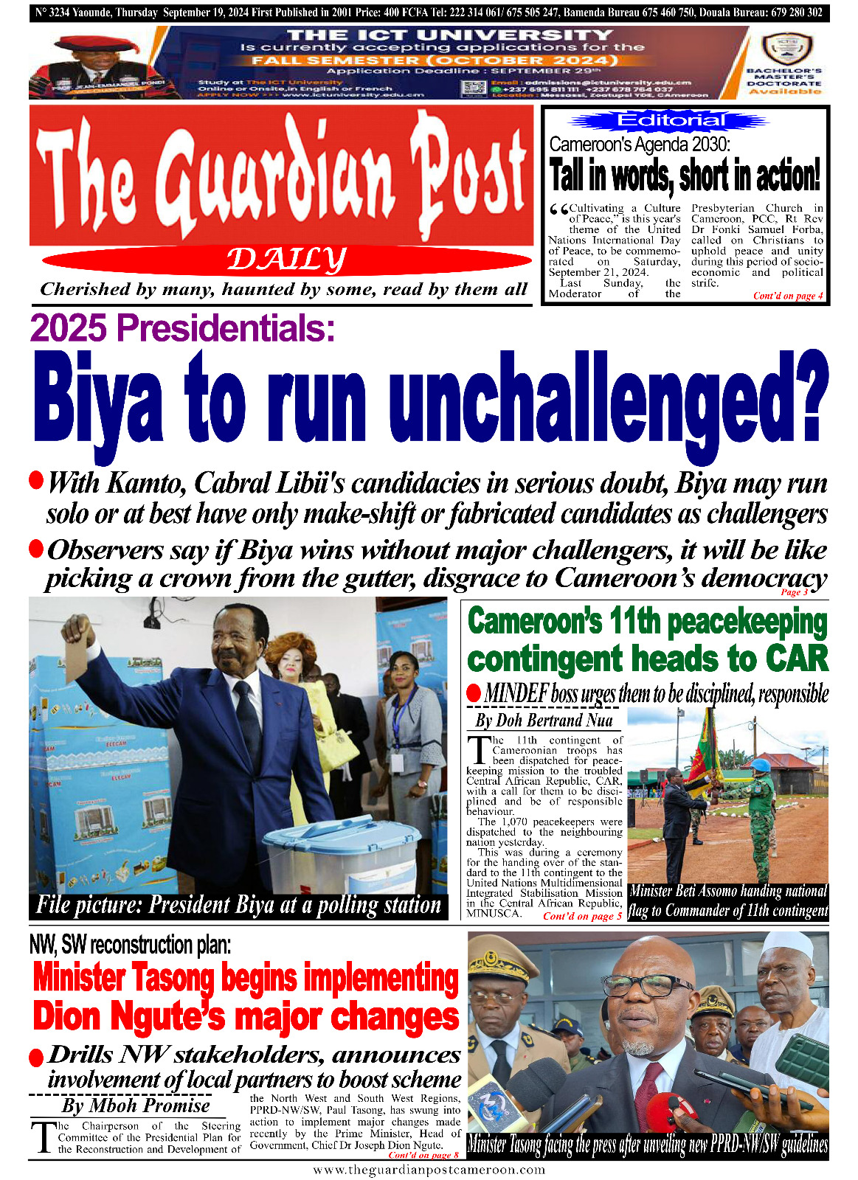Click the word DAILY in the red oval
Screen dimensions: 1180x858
[x=286, y=260]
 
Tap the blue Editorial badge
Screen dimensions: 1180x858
[x=671, y=120]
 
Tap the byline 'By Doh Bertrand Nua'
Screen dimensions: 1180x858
[x=544, y=720]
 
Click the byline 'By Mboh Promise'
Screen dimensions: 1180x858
[x=136, y=1106]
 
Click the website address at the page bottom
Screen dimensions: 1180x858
[x=429, y=1170]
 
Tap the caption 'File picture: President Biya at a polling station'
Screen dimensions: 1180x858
[x=238, y=905]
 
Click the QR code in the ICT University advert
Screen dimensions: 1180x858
[x=474, y=88]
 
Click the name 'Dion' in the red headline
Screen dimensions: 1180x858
[x=71, y=1016]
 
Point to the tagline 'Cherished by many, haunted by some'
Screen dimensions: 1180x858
[x=284, y=289]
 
